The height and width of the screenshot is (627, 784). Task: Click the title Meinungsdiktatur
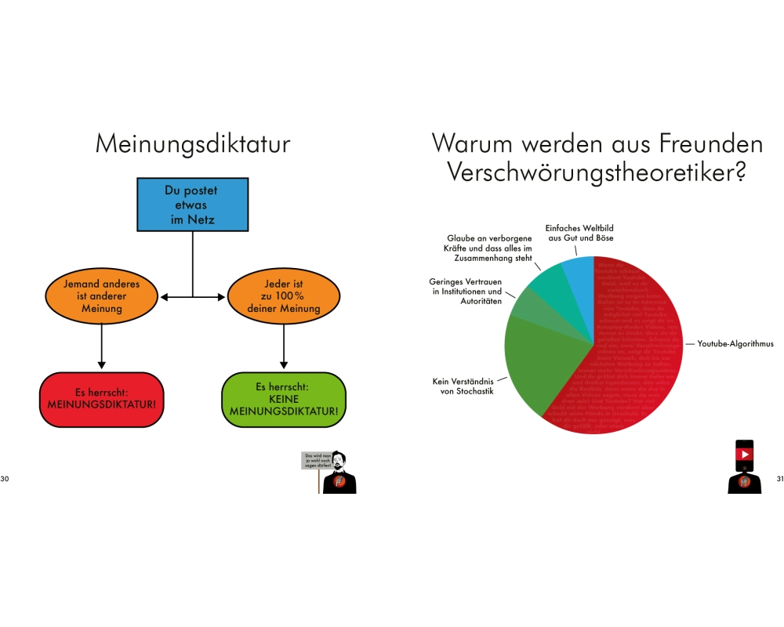tap(192, 144)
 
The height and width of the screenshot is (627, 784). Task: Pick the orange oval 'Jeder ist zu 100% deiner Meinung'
tap(284, 297)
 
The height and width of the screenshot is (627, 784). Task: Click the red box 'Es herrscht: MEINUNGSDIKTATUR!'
tap(100, 399)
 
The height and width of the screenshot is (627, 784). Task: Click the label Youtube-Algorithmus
tap(735, 343)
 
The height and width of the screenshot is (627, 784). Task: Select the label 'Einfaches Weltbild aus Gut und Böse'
tap(579, 233)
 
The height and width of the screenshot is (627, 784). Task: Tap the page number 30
tap(5, 478)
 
